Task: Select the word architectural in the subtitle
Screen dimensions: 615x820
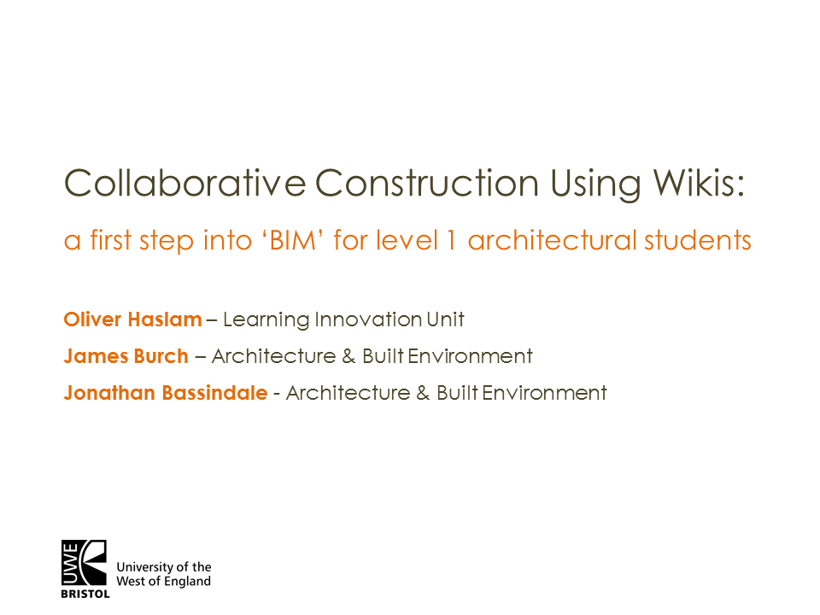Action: (x=552, y=241)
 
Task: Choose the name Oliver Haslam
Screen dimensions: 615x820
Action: (x=132, y=319)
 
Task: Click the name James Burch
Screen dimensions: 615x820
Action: (x=126, y=356)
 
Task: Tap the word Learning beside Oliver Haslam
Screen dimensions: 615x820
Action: (x=266, y=321)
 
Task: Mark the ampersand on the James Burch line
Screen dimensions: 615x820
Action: (x=348, y=356)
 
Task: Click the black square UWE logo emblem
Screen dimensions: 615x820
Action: (x=84, y=563)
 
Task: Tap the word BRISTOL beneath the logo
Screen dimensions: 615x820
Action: (x=85, y=594)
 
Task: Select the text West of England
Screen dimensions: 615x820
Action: (x=162, y=582)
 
